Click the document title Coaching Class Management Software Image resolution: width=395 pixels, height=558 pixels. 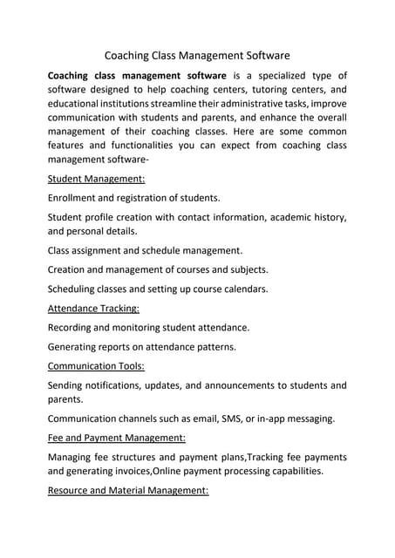click(x=197, y=54)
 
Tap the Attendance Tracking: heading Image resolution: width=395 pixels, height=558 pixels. click(x=93, y=308)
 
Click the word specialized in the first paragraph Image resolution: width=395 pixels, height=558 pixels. click(x=283, y=77)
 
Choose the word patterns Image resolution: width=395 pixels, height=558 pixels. click(x=212, y=346)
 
